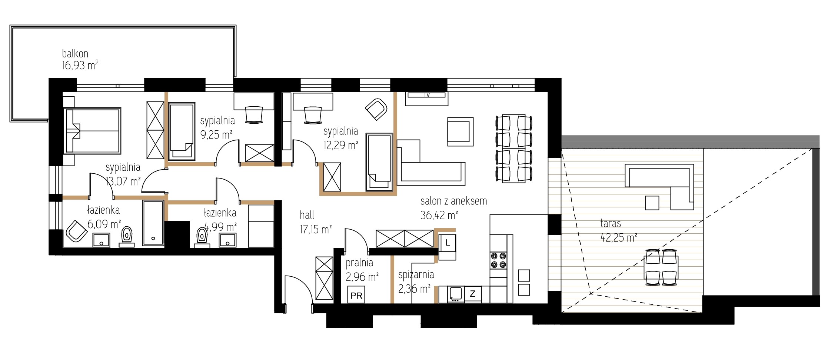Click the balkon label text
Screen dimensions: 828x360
pyautogui.click(x=75, y=54)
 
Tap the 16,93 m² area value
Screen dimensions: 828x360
pyautogui.click(x=80, y=66)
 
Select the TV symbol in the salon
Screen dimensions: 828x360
pyautogui.click(x=427, y=95)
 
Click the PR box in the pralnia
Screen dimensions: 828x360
pyautogui.click(x=356, y=295)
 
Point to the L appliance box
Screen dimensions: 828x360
pyautogui.click(x=448, y=243)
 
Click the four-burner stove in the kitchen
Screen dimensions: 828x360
pyautogui.click(x=498, y=260)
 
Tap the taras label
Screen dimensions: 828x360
pyautogui.click(x=610, y=223)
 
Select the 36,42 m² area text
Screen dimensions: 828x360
pyautogui.click(x=439, y=215)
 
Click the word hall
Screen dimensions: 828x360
pyautogui.click(x=307, y=215)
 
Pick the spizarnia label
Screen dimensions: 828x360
pyautogui.click(x=416, y=275)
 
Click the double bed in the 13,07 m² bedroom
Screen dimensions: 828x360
pyautogui.click(x=93, y=130)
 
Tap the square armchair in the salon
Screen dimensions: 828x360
pyautogui.click(x=460, y=132)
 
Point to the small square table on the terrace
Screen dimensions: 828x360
pyautogui.click(x=652, y=203)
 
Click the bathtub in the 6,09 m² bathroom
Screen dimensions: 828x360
pyautogui.click(x=153, y=223)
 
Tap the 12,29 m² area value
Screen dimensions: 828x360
pyautogui.click(x=340, y=145)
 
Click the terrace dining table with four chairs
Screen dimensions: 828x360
pyautogui.click(x=662, y=267)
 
